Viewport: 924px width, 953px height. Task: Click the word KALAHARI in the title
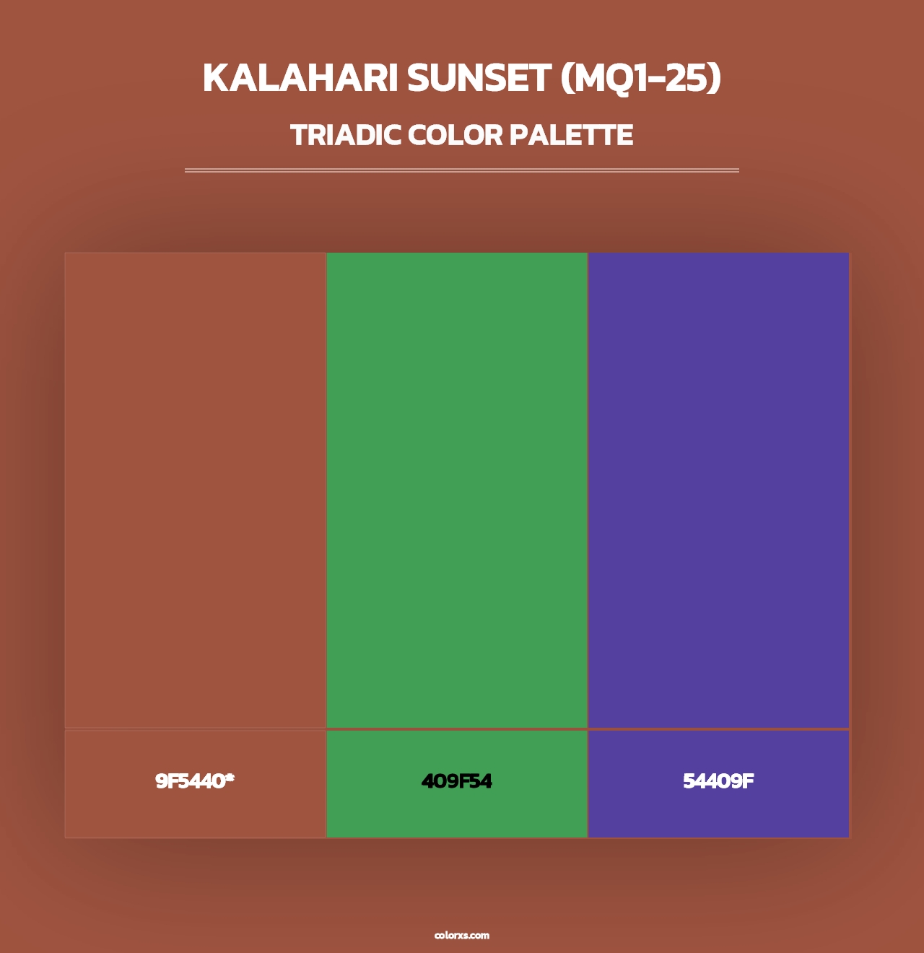pos(300,79)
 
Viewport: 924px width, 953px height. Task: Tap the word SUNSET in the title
pos(479,79)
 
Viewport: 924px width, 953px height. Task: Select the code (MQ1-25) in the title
pos(641,79)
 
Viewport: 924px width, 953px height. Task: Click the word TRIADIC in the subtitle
pos(345,135)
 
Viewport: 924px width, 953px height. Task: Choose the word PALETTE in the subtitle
pos(572,135)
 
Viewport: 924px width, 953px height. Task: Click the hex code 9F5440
pos(191,781)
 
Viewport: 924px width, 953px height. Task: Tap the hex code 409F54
pos(457,781)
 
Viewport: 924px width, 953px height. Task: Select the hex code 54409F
pos(718,781)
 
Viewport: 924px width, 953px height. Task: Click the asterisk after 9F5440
pos(231,778)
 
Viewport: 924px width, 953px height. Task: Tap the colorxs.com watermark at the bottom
pos(462,935)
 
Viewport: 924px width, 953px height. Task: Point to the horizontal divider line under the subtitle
pos(462,170)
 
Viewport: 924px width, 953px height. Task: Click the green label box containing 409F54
pos(457,809)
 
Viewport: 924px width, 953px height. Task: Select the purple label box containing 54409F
pos(718,809)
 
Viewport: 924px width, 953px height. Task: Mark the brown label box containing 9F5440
pos(196,809)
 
